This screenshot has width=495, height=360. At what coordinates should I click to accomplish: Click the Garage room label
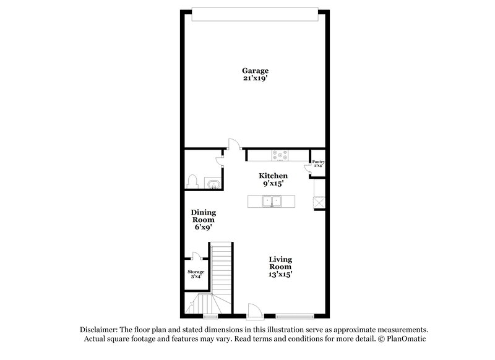[256, 71]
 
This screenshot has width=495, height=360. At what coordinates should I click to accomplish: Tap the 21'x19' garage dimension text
[256, 79]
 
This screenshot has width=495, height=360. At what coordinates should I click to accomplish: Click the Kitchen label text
[273, 176]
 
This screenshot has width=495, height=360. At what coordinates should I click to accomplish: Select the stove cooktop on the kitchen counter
[280, 156]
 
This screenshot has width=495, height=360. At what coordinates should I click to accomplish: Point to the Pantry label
[317, 161]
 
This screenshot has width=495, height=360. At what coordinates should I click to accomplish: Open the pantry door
[308, 168]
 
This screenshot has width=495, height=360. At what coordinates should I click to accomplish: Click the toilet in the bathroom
[192, 181]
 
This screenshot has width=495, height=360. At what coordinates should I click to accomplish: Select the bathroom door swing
[219, 161]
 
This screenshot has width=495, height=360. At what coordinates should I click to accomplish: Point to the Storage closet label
[196, 272]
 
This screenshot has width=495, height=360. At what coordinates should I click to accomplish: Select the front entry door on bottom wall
[253, 311]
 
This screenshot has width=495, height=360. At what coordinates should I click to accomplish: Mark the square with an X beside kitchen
[319, 202]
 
